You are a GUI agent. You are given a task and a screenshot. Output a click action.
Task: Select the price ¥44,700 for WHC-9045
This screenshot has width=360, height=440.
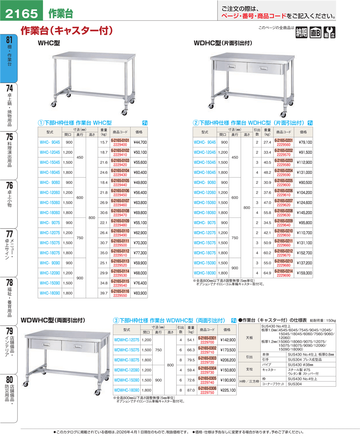[139, 142]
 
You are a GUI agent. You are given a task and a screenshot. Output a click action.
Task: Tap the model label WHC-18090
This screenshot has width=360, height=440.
[50, 293]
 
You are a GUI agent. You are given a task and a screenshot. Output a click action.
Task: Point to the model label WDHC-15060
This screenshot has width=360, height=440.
[205, 203]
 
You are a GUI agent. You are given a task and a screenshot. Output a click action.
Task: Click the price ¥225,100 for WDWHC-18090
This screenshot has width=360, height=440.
[227, 390]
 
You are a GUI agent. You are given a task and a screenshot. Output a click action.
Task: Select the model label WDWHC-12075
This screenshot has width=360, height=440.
[126, 340]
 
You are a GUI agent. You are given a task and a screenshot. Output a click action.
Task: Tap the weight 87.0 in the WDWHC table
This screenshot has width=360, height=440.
[190, 390]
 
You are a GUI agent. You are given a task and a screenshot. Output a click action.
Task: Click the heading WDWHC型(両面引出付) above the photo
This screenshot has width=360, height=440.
[53, 320]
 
